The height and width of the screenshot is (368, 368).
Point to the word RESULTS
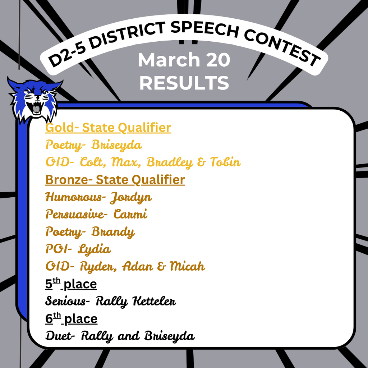click(x=184, y=83)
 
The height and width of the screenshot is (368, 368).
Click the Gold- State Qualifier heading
click(x=108, y=128)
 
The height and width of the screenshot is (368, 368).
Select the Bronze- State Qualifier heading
click(x=115, y=180)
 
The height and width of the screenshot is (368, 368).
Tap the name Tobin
click(x=225, y=162)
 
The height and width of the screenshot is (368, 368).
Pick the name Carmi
click(x=130, y=214)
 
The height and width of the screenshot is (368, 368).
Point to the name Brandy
click(x=113, y=232)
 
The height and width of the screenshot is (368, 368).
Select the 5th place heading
click(x=71, y=284)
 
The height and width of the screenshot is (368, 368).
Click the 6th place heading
click(x=71, y=319)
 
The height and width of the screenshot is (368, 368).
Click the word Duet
click(x=58, y=336)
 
